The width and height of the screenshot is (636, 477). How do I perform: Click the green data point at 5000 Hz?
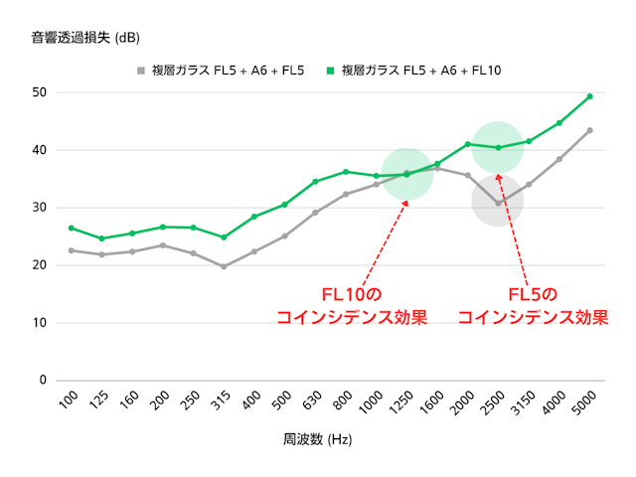[x=589, y=96]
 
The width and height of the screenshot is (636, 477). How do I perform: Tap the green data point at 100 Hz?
[x=72, y=228]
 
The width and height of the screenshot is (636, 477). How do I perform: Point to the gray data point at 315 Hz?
[x=224, y=266]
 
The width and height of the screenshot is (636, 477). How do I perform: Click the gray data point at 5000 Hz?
[x=589, y=130]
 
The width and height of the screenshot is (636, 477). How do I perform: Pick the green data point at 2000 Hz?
[x=467, y=144]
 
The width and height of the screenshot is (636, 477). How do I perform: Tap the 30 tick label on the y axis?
[x=40, y=208]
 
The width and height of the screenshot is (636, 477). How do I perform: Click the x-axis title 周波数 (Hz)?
[x=318, y=438]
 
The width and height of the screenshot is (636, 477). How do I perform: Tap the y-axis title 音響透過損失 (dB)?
[x=84, y=39]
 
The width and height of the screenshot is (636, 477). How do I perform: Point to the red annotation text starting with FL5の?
[x=533, y=306]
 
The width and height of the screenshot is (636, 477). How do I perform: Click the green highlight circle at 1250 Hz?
[x=406, y=174]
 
